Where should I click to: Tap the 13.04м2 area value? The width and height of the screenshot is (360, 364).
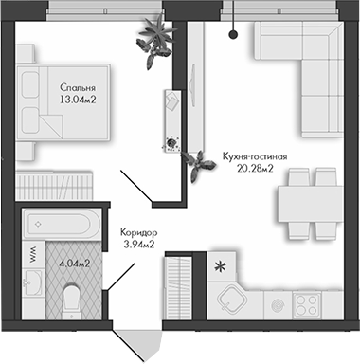[x=78, y=100]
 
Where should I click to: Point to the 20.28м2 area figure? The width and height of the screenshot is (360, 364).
[x=255, y=172]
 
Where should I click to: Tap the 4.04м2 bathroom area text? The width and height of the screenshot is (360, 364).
[x=74, y=264]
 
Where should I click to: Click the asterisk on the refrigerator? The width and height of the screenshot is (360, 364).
[x=223, y=265]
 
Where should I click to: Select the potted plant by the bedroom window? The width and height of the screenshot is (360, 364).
[x=154, y=40]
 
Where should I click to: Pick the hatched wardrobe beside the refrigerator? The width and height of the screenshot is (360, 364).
[x=180, y=281]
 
